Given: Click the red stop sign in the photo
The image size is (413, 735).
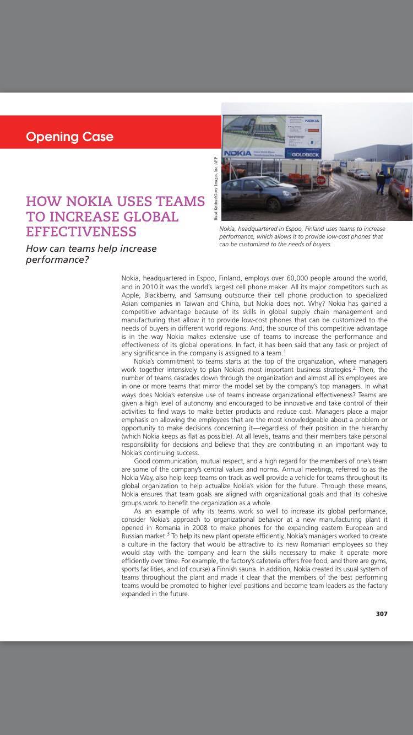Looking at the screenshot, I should [321, 180].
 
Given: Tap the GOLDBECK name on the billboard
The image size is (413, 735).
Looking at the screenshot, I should [302, 154].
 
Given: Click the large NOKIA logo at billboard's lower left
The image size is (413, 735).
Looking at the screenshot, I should [238, 153].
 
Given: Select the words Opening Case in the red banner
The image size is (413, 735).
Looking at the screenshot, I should [69, 137].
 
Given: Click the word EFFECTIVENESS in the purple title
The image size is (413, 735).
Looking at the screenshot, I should [81, 231].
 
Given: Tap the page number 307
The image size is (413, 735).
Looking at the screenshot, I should [382, 614].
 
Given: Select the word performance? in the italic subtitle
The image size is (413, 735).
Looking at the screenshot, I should [57, 259].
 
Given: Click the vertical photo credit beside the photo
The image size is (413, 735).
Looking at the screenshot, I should [216, 188].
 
